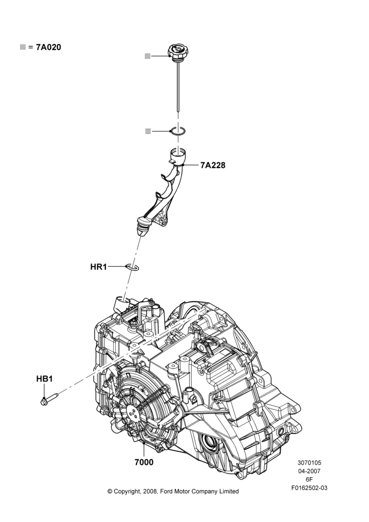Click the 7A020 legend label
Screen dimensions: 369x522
(x=48, y=48)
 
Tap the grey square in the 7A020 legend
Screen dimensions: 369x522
(x=22, y=47)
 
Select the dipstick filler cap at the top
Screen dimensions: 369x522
(x=179, y=52)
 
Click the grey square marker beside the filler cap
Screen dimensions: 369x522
(x=147, y=56)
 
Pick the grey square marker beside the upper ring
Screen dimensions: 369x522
(x=148, y=131)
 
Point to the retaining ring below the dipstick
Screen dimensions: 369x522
(x=178, y=132)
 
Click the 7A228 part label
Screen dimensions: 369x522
(x=213, y=165)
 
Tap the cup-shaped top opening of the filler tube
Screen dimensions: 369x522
(x=178, y=156)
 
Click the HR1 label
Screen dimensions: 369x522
(x=99, y=267)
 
